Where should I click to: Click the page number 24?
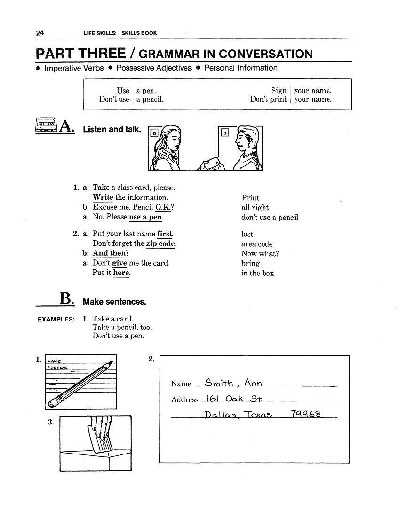click(40, 33)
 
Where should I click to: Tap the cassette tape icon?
click(46, 125)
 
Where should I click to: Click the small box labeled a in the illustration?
click(154, 133)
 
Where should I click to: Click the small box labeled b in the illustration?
click(224, 133)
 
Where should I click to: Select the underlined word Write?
click(103, 197)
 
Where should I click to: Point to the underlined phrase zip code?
click(161, 243)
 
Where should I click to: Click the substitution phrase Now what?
click(260, 253)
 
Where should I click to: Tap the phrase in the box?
click(257, 273)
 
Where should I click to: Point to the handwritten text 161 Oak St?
click(233, 399)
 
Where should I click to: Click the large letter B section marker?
click(66, 299)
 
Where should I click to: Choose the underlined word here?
click(121, 273)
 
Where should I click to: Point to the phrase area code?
click(257, 244)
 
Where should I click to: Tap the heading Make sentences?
click(114, 302)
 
